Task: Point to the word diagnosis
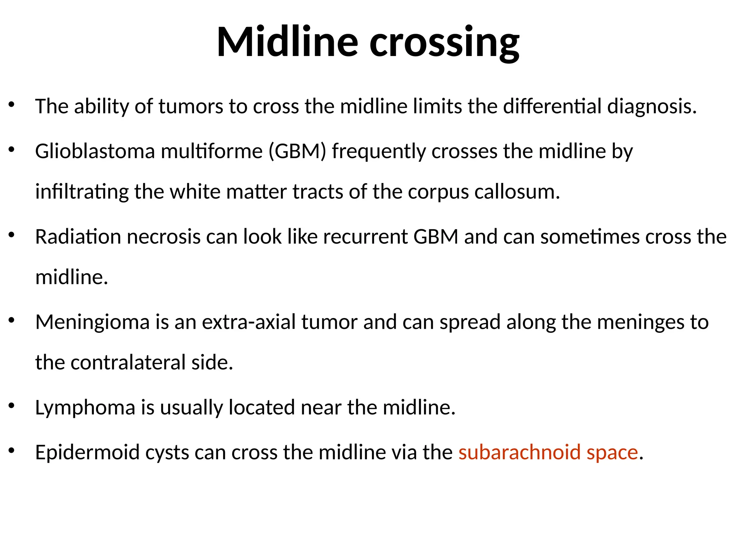click(652, 107)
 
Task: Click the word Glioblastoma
click(95, 151)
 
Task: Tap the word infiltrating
click(82, 192)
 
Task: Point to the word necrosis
click(164, 237)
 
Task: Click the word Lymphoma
click(85, 408)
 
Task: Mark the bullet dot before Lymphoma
click(11, 406)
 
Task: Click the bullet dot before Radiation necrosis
click(11, 235)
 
